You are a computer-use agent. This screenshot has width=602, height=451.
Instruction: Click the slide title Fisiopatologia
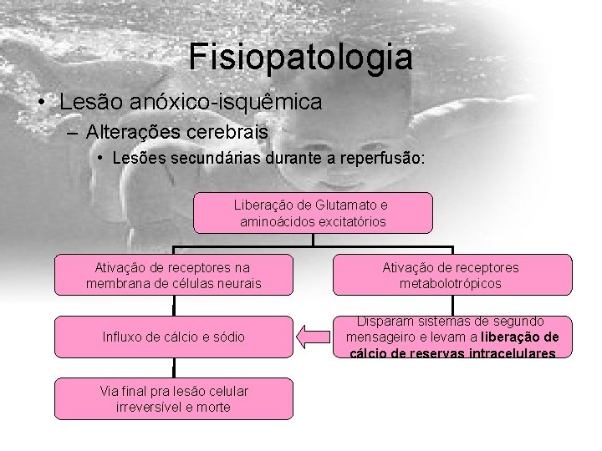tap(300, 57)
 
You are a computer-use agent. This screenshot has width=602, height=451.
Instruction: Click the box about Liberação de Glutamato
tap(313, 212)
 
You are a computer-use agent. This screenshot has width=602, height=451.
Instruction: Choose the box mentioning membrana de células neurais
tap(173, 275)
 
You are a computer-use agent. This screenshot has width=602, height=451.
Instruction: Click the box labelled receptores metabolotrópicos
tap(451, 275)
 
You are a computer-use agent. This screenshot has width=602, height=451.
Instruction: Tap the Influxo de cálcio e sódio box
tap(173, 337)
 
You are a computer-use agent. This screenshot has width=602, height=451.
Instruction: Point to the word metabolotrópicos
tap(451, 283)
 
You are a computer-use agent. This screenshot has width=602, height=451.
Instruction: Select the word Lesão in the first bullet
tap(89, 102)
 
